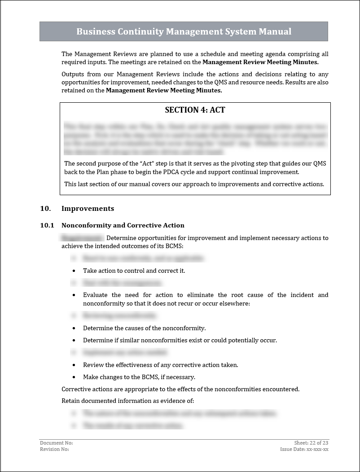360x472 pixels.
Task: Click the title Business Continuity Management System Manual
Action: pyautogui.click(x=184, y=31)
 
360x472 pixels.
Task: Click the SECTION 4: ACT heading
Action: pyautogui.click(x=195, y=110)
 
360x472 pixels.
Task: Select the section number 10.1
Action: pyautogui.click(x=47, y=225)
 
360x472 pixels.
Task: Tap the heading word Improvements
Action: pyautogui.click(x=88, y=209)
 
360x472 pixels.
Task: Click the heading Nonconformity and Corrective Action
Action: pyautogui.click(x=123, y=225)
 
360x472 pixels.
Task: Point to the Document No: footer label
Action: pyautogui.click(x=56, y=443)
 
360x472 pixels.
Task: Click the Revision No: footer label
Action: pyautogui.click(x=54, y=449)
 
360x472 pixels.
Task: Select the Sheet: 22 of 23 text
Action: pyautogui.click(x=311, y=443)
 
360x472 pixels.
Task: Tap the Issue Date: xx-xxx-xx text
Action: pyautogui.click(x=304, y=449)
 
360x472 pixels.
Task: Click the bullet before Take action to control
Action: pyautogui.click(x=74, y=271)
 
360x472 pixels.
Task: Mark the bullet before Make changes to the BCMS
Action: pyautogui.click(x=74, y=377)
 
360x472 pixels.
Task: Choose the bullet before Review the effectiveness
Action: pyautogui.click(x=74, y=365)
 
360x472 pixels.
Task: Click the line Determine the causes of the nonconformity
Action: pyautogui.click(x=144, y=328)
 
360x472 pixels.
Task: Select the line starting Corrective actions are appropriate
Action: pyautogui.click(x=180, y=389)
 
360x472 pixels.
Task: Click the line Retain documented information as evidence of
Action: pyautogui.click(x=127, y=401)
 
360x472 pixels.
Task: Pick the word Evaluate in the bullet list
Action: pyautogui.click(x=96, y=295)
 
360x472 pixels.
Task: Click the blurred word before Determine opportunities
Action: pyautogui.click(x=83, y=238)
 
